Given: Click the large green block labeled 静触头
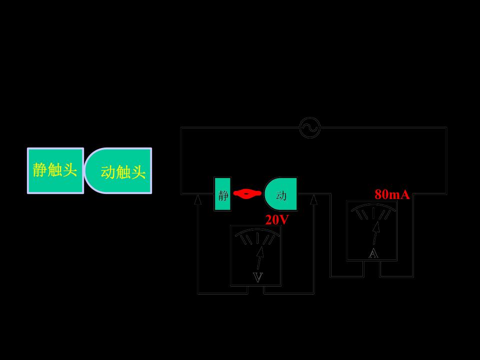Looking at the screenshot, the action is click(55, 171).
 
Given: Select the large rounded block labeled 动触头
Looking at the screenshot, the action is click(118, 171).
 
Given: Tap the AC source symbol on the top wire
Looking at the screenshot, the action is click(310, 127).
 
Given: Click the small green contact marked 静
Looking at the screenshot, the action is click(222, 194).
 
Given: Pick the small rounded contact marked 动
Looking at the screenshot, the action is click(280, 194).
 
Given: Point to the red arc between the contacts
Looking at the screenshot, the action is click(247, 193).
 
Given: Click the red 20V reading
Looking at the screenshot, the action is click(276, 220).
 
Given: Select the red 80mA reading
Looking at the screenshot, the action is click(392, 194).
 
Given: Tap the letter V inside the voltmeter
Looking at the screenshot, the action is click(258, 277).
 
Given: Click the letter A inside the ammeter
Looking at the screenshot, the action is click(373, 253).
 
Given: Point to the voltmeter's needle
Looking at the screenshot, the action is click(259, 258).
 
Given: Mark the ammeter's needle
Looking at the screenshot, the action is click(376, 232).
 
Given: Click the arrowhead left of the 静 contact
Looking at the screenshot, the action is click(198, 199).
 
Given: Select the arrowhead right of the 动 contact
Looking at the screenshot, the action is click(313, 199).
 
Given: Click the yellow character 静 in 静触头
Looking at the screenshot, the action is click(40, 169).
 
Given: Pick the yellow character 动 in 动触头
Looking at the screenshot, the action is click(108, 172).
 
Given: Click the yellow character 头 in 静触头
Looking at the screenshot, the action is click(69, 169).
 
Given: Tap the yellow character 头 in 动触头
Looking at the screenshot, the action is click(138, 172).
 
